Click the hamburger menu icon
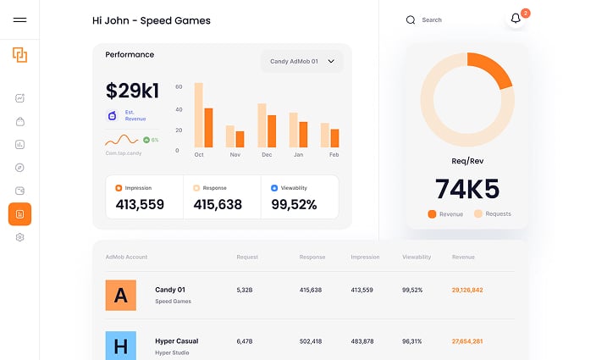tap(19, 20)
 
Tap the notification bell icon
tap(516, 19)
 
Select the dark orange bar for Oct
tap(208, 127)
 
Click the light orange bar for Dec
tap(262, 125)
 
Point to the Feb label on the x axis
tap(334, 155)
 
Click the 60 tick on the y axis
tap(179, 86)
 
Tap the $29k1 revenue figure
tap(132, 91)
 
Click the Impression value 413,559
tap(140, 204)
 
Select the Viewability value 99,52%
tap(294, 204)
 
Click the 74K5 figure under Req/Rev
tap(466, 188)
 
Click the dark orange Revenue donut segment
tap(494, 68)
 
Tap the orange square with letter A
tap(120, 295)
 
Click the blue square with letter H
tap(120, 346)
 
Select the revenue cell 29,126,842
tap(467, 290)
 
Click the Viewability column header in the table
tap(417, 257)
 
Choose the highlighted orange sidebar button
tap(19, 214)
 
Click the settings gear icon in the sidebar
tap(19, 238)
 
